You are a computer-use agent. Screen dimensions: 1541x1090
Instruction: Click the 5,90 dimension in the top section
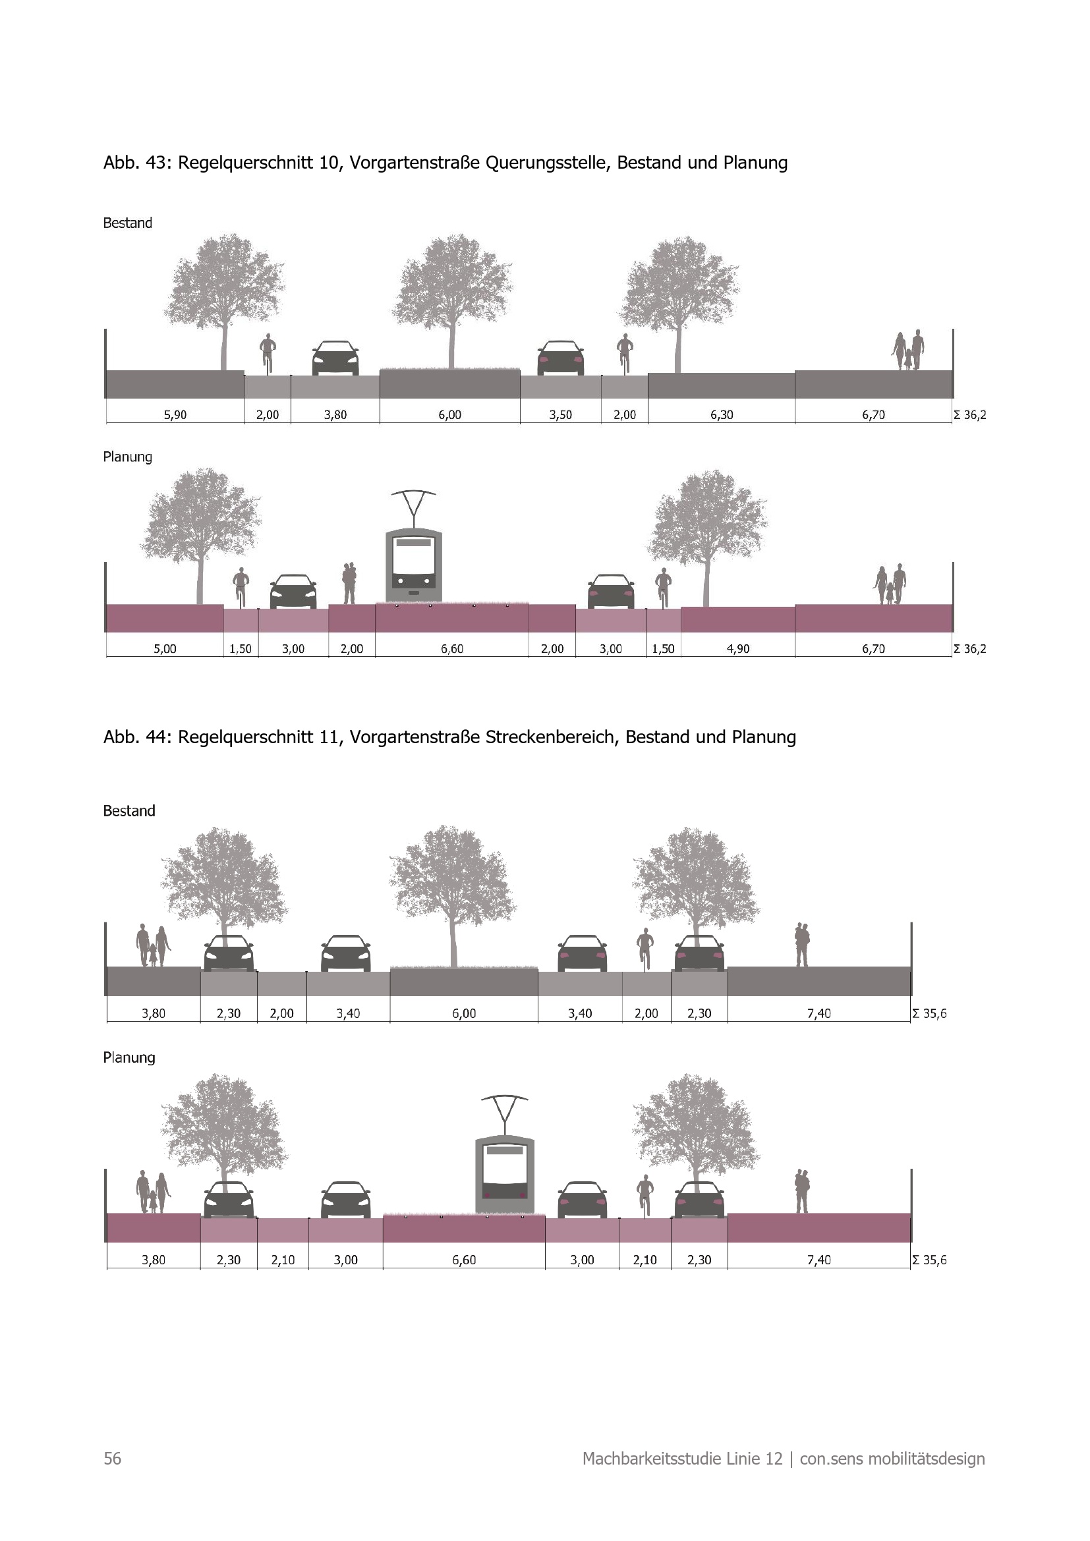(175, 415)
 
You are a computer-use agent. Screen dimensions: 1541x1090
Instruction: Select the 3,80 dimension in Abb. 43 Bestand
(335, 415)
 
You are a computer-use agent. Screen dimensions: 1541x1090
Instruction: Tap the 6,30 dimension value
(722, 415)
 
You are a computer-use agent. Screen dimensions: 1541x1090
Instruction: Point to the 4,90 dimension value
(737, 649)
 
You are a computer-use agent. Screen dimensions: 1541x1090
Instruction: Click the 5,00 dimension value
(165, 649)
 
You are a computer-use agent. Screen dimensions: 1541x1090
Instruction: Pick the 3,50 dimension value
(560, 415)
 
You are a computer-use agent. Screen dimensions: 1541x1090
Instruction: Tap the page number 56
(112, 1459)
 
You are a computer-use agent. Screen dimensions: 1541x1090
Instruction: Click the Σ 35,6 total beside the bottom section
(929, 1260)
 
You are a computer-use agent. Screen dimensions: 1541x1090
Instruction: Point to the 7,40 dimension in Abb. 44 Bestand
(818, 1013)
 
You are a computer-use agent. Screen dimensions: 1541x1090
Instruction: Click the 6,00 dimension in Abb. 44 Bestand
(464, 1013)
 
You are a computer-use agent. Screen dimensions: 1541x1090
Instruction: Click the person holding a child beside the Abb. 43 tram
(349, 582)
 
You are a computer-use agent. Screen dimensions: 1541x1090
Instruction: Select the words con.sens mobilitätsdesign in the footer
(892, 1459)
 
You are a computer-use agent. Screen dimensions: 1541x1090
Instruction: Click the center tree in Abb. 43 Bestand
(451, 289)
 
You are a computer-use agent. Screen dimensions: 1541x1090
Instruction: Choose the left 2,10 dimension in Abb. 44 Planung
(283, 1260)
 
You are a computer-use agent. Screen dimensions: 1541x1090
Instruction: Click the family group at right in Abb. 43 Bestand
(908, 350)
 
